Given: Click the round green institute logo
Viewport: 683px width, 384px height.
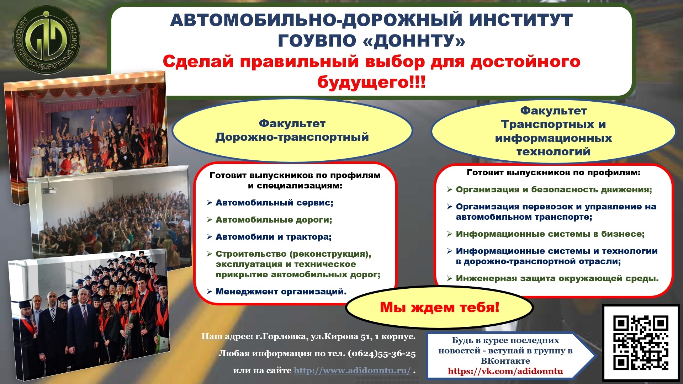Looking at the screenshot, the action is click(x=46, y=40).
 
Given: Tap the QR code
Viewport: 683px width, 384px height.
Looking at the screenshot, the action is click(x=641, y=343).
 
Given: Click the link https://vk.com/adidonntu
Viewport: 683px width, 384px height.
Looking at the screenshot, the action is click(x=505, y=371).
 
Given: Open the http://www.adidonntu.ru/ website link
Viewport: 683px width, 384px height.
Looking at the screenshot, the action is click(x=352, y=370).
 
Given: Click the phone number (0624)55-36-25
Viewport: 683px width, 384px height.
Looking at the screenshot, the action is click(x=382, y=353).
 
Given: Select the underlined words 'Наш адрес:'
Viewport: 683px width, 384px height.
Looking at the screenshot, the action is click(x=227, y=336).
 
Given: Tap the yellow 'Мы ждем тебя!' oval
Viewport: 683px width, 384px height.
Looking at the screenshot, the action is click(x=439, y=308).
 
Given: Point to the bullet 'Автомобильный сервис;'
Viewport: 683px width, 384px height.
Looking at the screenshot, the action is click(x=274, y=203).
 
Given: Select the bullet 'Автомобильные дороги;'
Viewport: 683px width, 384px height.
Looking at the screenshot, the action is click(x=274, y=220).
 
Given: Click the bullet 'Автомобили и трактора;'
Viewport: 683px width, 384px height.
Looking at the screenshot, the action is click(x=274, y=237).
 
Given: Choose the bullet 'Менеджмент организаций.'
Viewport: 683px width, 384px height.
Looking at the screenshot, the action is click(x=281, y=292).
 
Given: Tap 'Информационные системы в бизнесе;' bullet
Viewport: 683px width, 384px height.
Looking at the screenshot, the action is click(x=550, y=234).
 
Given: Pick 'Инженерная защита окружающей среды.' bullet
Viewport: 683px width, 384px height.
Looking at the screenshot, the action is click(x=557, y=278).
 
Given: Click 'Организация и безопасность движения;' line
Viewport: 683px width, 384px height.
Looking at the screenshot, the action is click(x=554, y=190).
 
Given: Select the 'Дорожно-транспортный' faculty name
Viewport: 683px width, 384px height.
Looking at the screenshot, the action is click(x=292, y=137).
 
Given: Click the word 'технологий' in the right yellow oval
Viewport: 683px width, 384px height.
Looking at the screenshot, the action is click(x=554, y=152).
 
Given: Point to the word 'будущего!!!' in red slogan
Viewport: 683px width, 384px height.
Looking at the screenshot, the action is click(x=371, y=82).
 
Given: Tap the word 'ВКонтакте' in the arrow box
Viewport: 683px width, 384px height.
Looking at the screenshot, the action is click(x=505, y=361).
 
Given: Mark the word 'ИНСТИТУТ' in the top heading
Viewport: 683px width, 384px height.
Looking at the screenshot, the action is click(x=521, y=20).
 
